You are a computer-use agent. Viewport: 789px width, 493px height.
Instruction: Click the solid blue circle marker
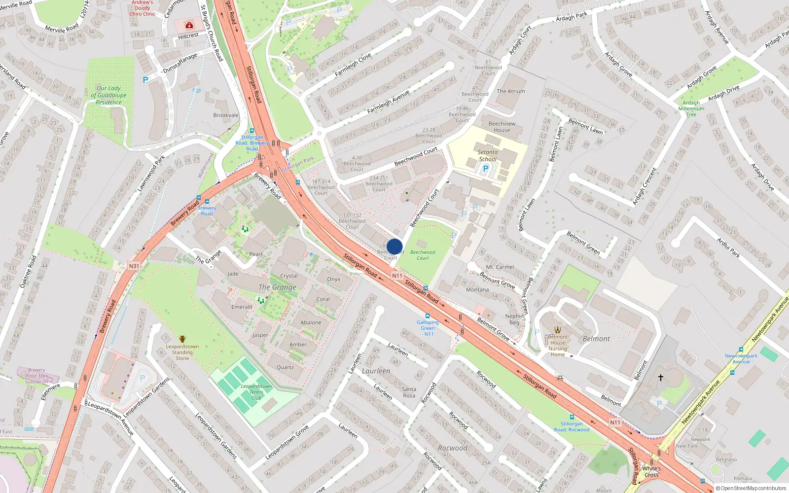tap(394, 246)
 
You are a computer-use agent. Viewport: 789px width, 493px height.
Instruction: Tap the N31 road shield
tap(134, 266)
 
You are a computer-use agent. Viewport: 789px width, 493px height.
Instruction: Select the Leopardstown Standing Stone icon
tap(182, 339)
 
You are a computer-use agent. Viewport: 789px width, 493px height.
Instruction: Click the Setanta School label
tap(488, 156)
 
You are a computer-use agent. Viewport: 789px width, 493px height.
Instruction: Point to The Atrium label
tap(511, 91)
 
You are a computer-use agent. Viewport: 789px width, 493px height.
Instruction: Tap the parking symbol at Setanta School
tap(486, 169)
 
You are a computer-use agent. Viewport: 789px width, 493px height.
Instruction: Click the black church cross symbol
tap(661, 378)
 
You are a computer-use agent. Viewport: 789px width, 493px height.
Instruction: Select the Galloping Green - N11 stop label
tap(428, 328)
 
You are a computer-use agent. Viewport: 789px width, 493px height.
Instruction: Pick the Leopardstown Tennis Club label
tap(256, 392)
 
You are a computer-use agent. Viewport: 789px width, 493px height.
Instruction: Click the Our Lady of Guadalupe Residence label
tap(108, 95)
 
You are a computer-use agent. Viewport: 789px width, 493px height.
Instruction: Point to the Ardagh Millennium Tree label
tap(691, 108)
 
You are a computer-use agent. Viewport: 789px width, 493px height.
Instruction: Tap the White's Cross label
tap(651, 472)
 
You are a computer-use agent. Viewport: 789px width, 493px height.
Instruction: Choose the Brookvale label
tap(226, 115)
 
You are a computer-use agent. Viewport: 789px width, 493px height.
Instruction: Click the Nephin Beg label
tap(514, 319)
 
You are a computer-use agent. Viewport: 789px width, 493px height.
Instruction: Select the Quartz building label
tap(285, 367)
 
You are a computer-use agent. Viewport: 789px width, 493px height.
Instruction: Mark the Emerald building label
tap(242, 307)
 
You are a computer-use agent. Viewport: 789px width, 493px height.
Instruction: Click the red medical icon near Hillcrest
tap(189, 25)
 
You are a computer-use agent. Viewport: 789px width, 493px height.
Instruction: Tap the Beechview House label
tap(502, 127)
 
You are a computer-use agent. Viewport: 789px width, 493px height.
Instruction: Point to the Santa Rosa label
tap(409, 392)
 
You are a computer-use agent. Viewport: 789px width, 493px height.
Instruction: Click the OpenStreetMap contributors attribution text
tap(751, 488)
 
